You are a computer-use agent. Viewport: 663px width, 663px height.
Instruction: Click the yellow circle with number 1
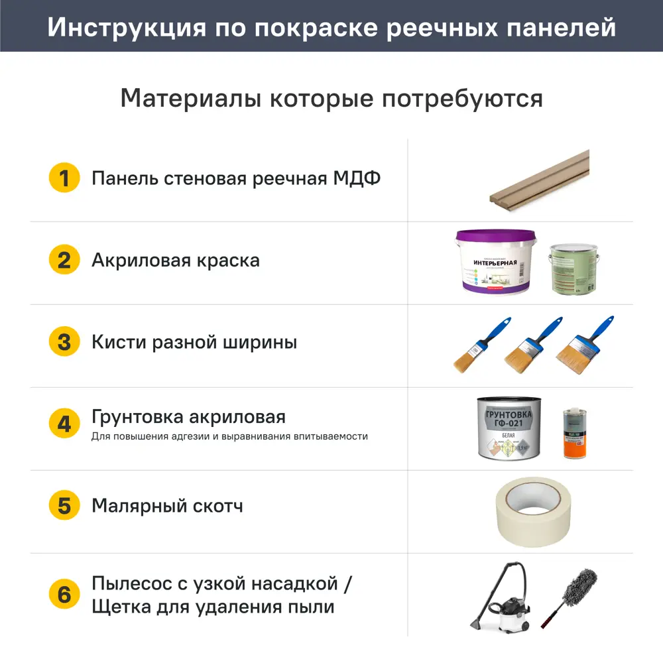pyautogui.click(x=64, y=178)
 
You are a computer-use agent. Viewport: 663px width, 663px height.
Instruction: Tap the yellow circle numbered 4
pyautogui.click(x=64, y=424)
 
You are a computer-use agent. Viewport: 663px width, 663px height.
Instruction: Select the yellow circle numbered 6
pyautogui.click(x=64, y=595)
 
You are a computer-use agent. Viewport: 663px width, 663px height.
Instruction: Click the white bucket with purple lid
pyautogui.click(x=495, y=262)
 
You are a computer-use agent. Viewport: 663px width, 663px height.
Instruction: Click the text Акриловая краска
pyautogui.click(x=175, y=261)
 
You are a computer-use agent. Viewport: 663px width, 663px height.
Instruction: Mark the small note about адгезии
pyautogui.click(x=229, y=437)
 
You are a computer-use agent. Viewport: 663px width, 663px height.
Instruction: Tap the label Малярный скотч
pyautogui.click(x=167, y=507)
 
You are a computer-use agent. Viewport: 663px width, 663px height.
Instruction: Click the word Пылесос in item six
pyautogui.click(x=133, y=585)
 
